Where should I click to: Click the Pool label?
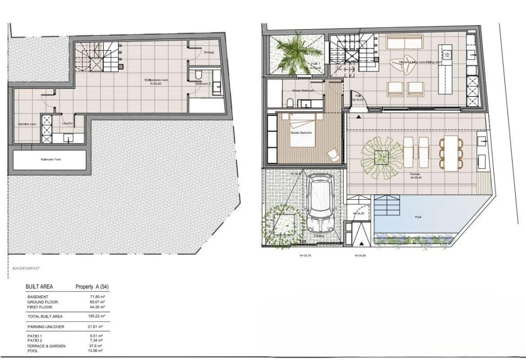pyautogui.click(x=418, y=217)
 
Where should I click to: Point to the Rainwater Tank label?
pyautogui.click(x=50, y=159)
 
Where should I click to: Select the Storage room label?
pyautogui.click(x=209, y=52)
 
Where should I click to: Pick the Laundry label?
pyautogui.click(x=66, y=124)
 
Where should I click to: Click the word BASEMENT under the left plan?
pyautogui.click(x=26, y=268)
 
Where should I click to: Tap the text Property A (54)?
pyautogui.click(x=91, y=287)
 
